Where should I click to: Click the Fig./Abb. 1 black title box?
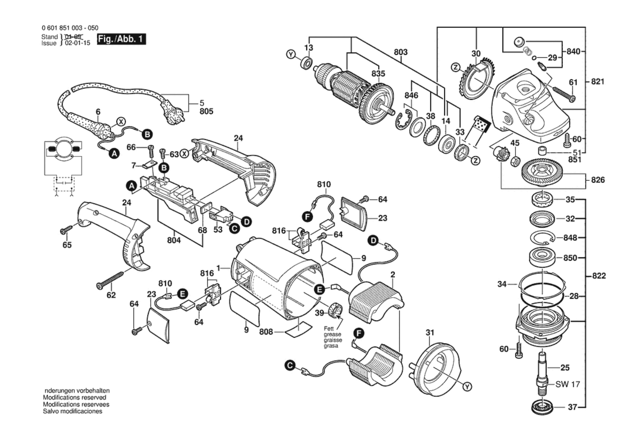pyautogui.click(x=121, y=39)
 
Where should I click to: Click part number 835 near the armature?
pyautogui.click(x=378, y=74)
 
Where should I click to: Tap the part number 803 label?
pyautogui.click(x=400, y=52)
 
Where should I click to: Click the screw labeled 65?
pyautogui.click(x=66, y=230)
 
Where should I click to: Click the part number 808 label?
pyautogui.click(x=266, y=332)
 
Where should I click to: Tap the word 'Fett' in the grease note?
pyautogui.click(x=329, y=329)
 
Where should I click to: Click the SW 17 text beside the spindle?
pyautogui.click(x=568, y=384)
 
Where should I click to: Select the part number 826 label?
pyautogui.click(x=598, y=180)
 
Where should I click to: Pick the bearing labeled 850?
pyautogui.click(x=541, y=257)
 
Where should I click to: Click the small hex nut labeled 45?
pyautogui.click(x=515, y=161)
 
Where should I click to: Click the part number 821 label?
pyautogui.click(x=598, y=82)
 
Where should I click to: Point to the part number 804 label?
pyautogui.click(x=174, y=240)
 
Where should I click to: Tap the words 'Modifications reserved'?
pyautogui.click(x=74, y=397)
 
